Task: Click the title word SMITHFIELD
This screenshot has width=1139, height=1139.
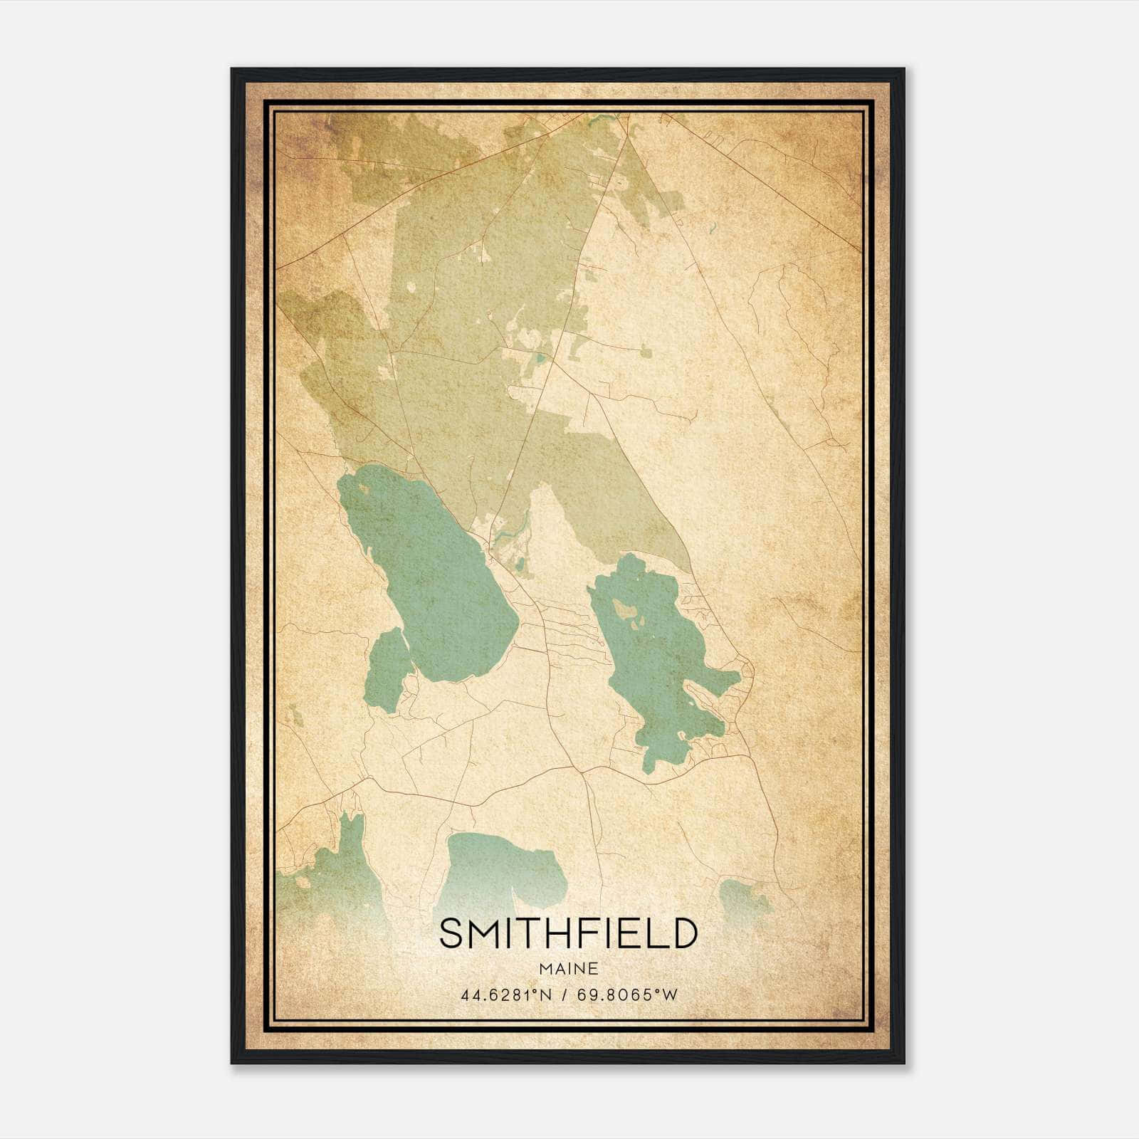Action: point(567,933)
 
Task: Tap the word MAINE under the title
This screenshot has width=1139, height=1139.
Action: point(567,968)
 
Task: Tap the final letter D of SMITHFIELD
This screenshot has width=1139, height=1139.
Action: point(683,933)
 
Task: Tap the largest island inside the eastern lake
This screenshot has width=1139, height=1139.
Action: point(626,609)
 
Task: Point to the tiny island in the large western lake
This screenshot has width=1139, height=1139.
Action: point(364,488)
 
